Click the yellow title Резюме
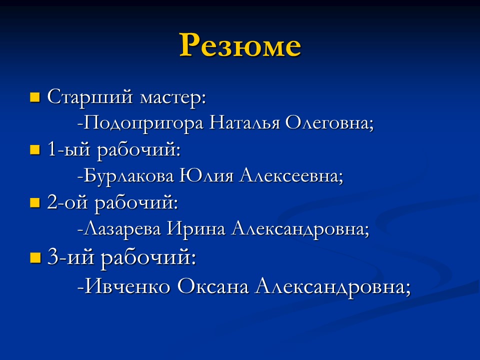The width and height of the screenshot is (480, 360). (240, 45)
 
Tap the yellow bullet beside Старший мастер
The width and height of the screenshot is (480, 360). (34, 96)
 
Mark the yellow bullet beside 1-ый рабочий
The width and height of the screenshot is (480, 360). (34, 149)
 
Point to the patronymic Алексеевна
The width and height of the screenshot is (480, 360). (291, 176)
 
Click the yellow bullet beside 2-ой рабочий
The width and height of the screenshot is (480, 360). (34, 202)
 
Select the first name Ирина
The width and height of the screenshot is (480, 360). (196, 229)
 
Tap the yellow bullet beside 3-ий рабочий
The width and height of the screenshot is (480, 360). (34, 258)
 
